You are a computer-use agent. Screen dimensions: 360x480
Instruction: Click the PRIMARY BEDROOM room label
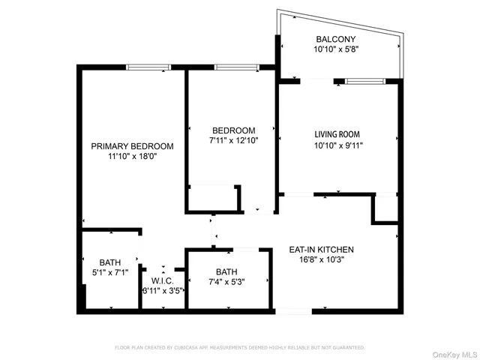tap(132, 146)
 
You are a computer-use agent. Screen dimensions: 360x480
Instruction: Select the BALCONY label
tap(335, 39)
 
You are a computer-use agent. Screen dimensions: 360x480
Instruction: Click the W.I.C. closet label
tap(163, 280)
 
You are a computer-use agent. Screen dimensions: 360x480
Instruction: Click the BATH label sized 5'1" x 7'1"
tap(109, 262)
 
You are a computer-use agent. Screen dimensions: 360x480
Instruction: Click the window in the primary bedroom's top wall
tap(148, 67)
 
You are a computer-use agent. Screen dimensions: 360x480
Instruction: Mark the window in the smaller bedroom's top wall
tap(237, 67)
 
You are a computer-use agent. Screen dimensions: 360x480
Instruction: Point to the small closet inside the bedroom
tap(213, 198)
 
